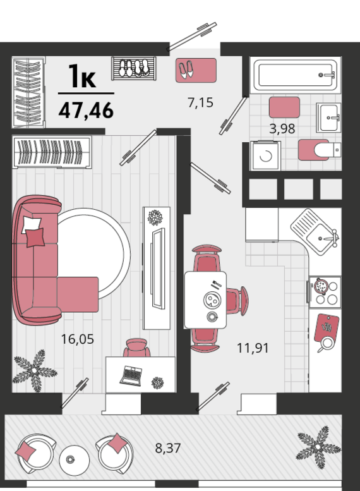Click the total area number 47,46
(x=86, y=110)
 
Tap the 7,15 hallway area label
(x=200, y=102)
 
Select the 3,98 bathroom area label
(x=282, y=129)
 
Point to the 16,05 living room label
(x=77, y=339)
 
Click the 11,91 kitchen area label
(x=253, y=348)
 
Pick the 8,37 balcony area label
(x=168, y=448)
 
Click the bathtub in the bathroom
(x=295, y=75)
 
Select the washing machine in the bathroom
(x=265, y=155)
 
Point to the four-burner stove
(x=325, y=292)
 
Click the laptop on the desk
(x=131, y=375)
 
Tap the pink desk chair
(x=136, y=348)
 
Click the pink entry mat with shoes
(x=196, y=70)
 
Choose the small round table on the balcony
(x=75, y=460)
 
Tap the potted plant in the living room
(x=34, y=371)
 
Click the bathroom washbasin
(x=328, y=118)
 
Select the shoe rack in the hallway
(x=134, y=68)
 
